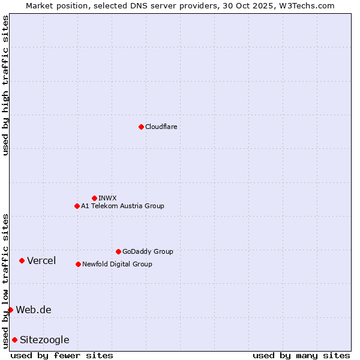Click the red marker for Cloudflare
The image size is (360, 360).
coord(141,127)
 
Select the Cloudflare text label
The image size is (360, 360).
coord(161,127)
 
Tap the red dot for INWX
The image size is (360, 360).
coord(94,198)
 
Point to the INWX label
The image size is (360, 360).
coord(107,198)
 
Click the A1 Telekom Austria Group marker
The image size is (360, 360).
coord(77,206)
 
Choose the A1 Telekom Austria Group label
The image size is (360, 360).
coord(122,206)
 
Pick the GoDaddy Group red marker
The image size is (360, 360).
coord(118,251)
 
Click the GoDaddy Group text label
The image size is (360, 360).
coord(148,251)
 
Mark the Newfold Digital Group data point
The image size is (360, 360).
coord(78,264)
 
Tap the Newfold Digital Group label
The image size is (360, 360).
coord(117,264)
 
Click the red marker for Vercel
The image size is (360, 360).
coord(22,260)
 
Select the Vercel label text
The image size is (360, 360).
coord(41,260)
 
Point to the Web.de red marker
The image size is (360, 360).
coord(10,310)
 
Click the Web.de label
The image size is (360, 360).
coord(34,310)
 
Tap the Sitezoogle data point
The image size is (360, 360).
coord(14,340)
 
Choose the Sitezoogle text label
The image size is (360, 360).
coord(44,340)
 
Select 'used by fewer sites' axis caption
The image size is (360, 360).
coord(62,355)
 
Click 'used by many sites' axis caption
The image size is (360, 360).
coord(301,355)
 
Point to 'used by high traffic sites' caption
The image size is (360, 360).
coord(5,85)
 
